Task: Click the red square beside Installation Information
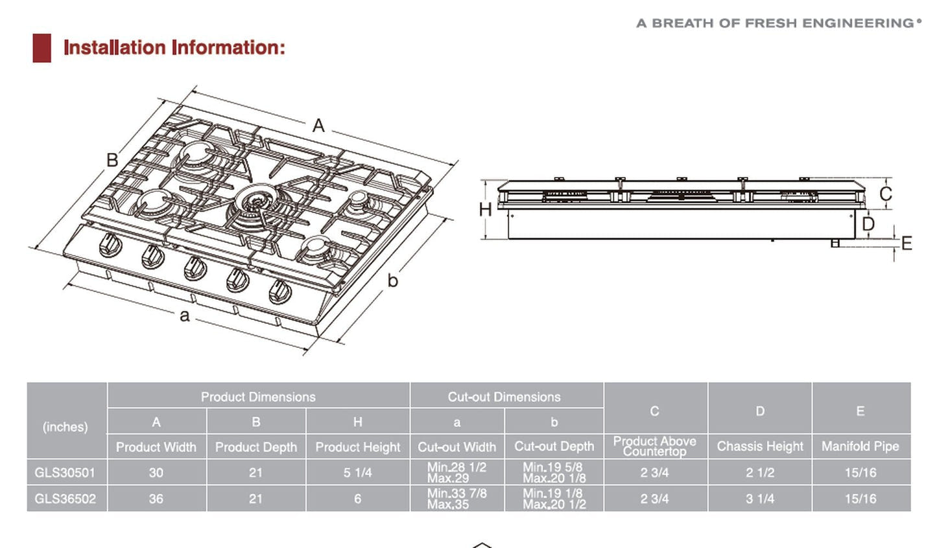[x=42, y=48]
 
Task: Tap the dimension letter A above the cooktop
[x=318, y=125]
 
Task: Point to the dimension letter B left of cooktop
[x=112, y=160]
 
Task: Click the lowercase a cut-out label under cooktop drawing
[x=185, y=315]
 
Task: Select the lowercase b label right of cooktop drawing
[x=392, y=280]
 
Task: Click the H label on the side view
[x=485, y=209]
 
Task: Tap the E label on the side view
[x=907, y=243]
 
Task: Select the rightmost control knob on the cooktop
[x=280, y=291]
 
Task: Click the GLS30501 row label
[x=65, y=473]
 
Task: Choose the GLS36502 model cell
[x=65, y=499]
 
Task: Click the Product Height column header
[x=357, y=447]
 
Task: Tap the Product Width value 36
[x=156, y=499]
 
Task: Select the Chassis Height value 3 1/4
[x=759, y=499]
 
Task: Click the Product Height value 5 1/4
[x=357, y=473]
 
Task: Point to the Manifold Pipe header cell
[x=860, y=446]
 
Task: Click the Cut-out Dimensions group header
[x=504, y=396]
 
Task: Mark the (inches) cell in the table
[x=65, y=427]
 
